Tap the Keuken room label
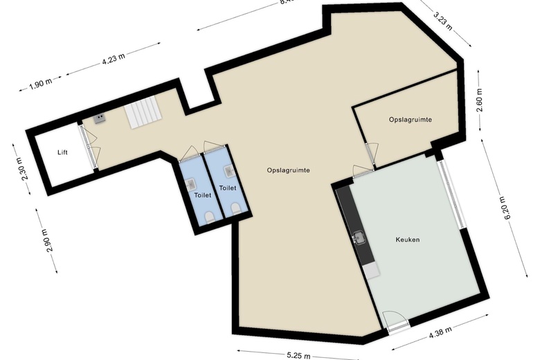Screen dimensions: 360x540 click(x=408, y=240)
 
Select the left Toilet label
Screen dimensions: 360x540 click(x=202, y=196)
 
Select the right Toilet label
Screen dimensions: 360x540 click(x=228, y=188)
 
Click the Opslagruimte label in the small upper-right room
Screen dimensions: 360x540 click(x=411, y=120)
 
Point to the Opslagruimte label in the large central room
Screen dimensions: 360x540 click(x=288, y=170)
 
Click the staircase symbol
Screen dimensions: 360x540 click(x=142, y=113)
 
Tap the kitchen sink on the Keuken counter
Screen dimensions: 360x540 click(x=358, y=237)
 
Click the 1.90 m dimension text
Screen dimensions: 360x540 click(x=41, y=86)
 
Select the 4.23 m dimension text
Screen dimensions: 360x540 click(x=113, y=60)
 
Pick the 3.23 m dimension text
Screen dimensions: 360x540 click(x=442, y=19)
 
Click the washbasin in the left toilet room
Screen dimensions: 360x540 click(x=192, y=183)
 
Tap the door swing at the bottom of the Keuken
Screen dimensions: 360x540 click(x=395, y=320)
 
